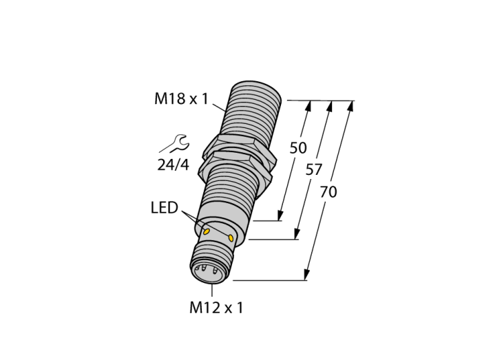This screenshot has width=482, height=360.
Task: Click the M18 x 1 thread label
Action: coord(181,99)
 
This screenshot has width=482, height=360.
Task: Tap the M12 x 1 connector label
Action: coord(216,308)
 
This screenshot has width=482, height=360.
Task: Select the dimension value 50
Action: coord(298,148)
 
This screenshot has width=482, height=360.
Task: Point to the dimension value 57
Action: coord(313,169)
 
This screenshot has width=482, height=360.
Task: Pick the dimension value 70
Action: coord(328,192)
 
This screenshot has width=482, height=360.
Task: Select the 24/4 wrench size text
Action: coord(173,165)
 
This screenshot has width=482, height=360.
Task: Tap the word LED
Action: coord(165,208)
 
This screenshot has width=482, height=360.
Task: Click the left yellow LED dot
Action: coord(207,231)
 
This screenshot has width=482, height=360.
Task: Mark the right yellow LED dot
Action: coord(231,237)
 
